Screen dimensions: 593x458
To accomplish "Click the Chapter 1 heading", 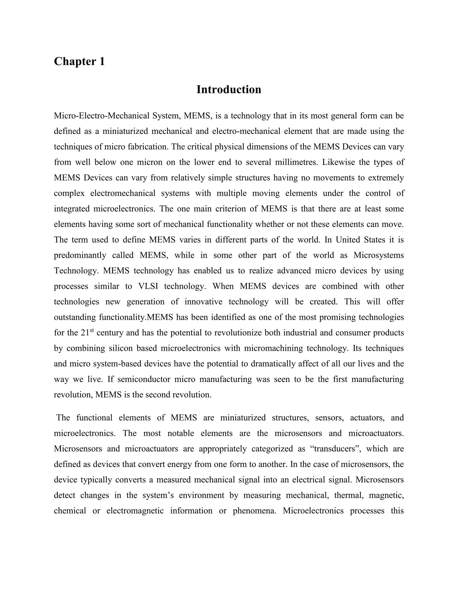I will [79, 62].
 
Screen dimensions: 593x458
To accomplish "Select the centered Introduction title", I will [229, 90].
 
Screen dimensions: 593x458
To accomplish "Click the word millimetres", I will [296, 162].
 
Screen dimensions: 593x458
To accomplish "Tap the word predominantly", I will [80, 256].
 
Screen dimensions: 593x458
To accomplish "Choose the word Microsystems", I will [379, 256].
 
